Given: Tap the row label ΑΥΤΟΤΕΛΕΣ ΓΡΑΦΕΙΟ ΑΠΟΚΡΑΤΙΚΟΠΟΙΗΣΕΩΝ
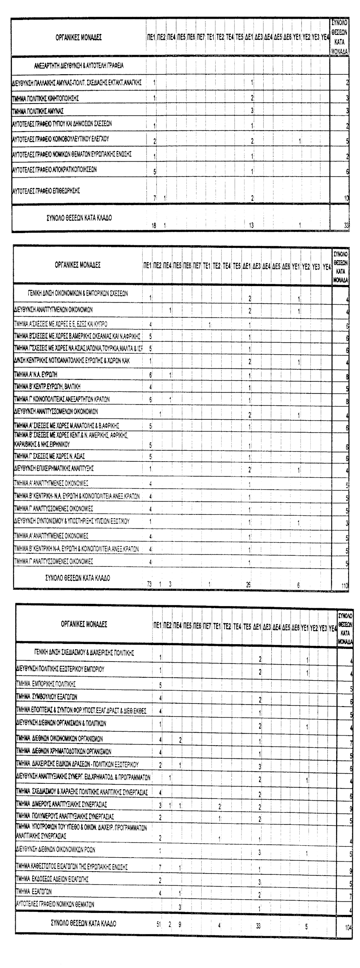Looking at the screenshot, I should pos(54,169).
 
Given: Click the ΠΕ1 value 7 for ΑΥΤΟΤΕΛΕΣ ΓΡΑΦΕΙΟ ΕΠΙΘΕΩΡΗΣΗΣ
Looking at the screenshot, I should pos(154,198).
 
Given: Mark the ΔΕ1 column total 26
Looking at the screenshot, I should pos(248,585).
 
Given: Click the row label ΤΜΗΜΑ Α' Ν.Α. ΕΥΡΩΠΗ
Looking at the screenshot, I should pos(36,375).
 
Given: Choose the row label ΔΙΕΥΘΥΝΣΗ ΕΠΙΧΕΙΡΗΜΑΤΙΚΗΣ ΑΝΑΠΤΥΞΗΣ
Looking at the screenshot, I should pos(54,469).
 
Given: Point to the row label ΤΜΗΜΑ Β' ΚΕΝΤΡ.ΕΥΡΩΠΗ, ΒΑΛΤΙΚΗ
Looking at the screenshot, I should pos(47,386).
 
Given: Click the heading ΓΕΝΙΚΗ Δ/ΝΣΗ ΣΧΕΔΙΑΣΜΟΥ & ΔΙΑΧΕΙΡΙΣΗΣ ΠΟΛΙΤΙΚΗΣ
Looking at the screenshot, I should pos(84,653).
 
